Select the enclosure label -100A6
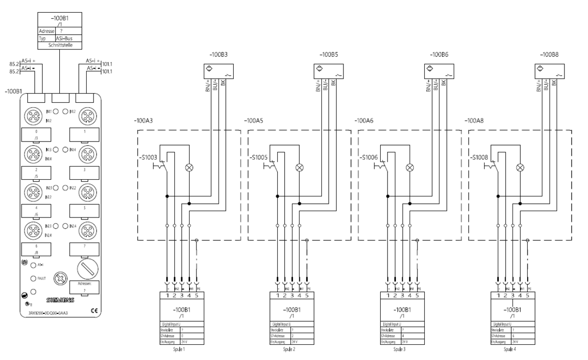366,120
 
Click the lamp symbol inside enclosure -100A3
189,167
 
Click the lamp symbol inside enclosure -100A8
520,167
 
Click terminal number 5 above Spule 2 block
307,295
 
